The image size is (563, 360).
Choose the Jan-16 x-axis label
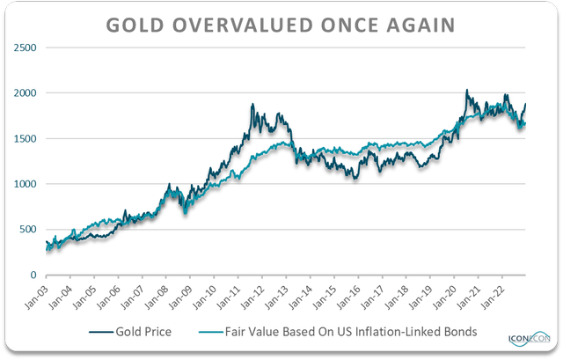tap(350, 296)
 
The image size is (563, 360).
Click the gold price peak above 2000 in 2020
tap(465, 90)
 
